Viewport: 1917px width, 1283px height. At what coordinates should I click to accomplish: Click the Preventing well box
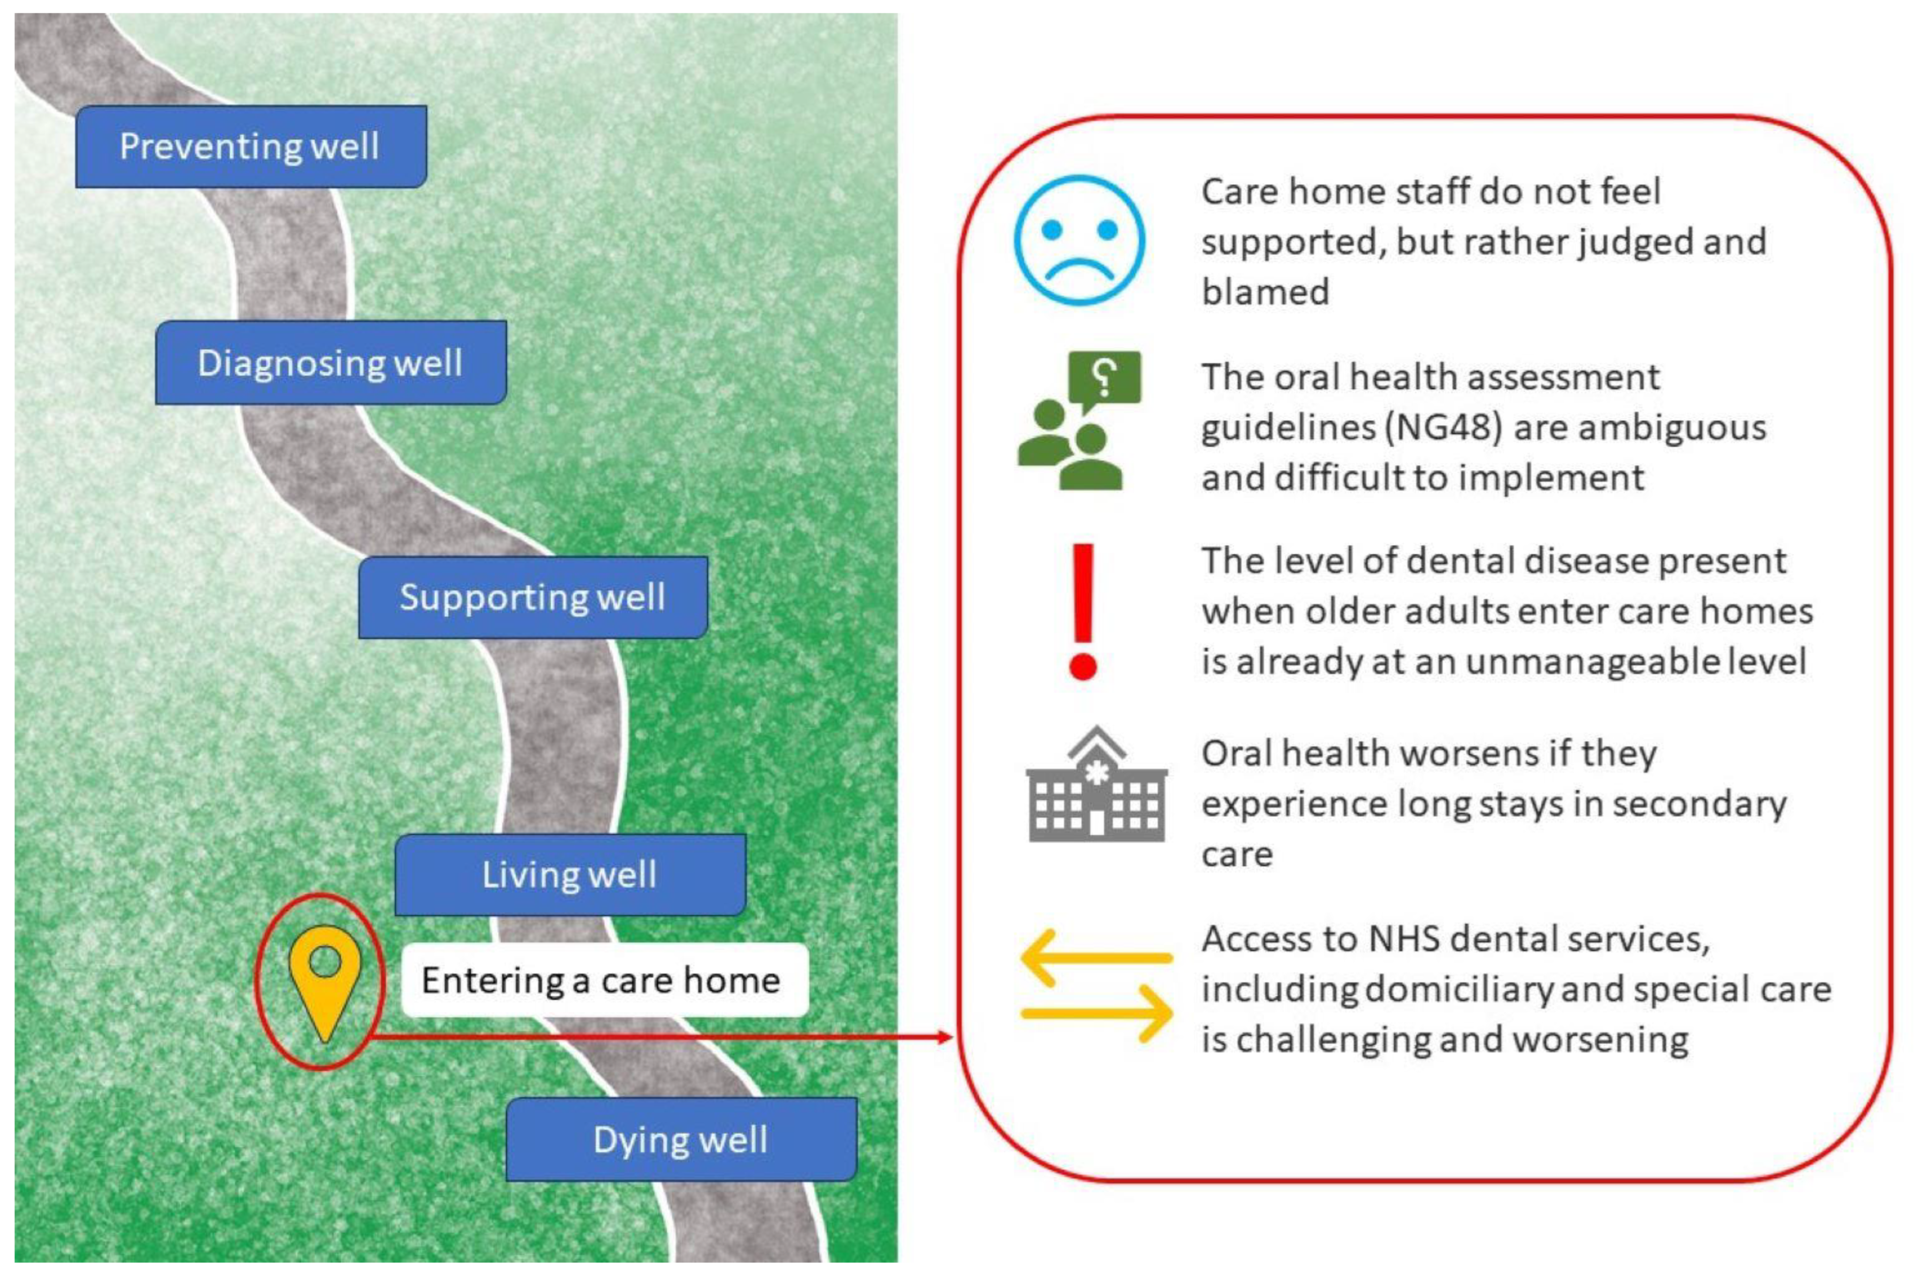tap(251, 146)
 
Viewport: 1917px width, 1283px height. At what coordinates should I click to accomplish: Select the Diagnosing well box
tap(331, 363)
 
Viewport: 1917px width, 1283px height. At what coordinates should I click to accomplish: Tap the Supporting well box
tap(533, 597)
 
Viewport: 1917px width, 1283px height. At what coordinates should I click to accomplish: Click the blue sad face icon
tap(1079, 240)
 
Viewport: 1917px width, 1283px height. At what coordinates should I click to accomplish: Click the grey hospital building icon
tap(1097, 786)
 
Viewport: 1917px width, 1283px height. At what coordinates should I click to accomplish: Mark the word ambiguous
tap(1640, 428)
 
